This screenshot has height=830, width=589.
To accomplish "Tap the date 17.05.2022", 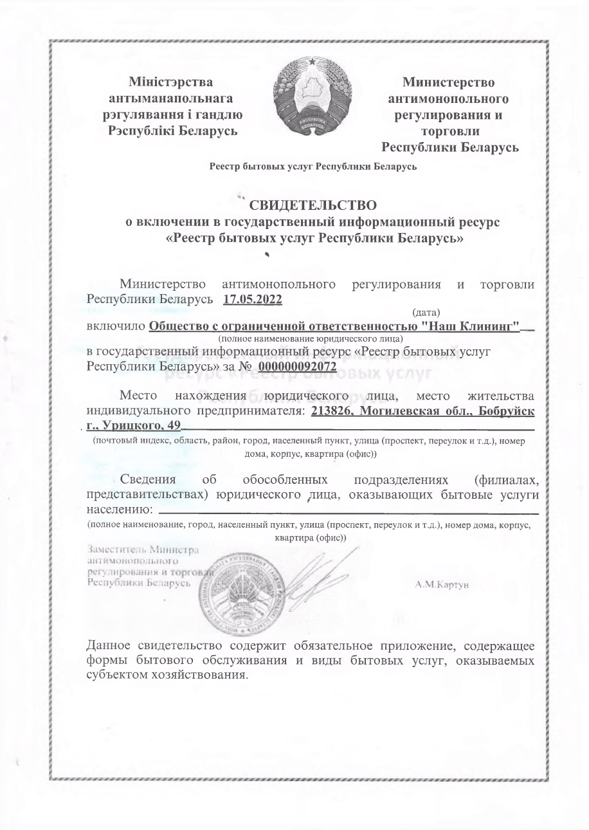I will click(253, 299).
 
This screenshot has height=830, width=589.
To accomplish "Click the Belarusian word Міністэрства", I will click(170, 82).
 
